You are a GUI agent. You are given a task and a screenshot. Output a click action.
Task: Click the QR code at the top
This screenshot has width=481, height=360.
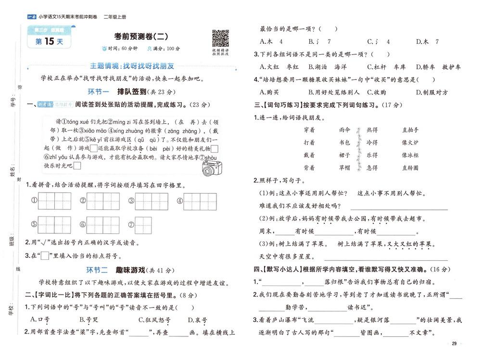point(220,38)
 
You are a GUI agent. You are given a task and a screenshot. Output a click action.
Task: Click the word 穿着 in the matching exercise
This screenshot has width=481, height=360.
point(309,130)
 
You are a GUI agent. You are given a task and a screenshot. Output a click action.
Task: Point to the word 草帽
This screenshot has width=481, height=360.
point(344,167)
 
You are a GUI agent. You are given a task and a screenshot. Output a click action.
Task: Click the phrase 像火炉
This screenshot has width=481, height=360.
point(410,142)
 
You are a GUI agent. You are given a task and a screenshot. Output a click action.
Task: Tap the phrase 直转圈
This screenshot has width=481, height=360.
point(410,167)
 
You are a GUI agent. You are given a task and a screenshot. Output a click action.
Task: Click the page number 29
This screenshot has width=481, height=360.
point(454,343)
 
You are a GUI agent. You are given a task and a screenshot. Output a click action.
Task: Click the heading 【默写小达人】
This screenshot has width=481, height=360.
point(279,268)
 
